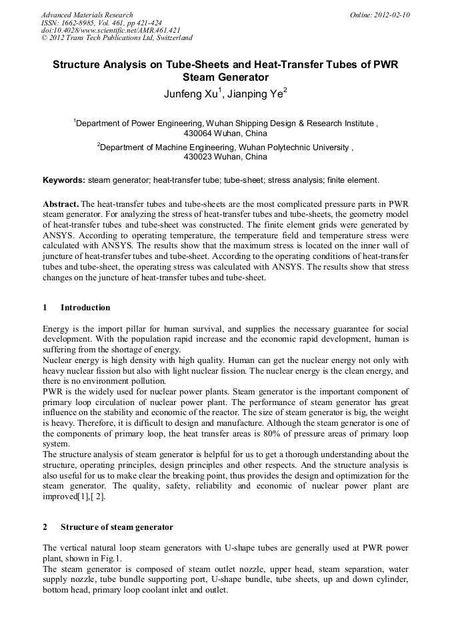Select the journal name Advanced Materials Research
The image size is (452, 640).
click(x=87, y=15)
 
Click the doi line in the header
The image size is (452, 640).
click(x=111, y=30)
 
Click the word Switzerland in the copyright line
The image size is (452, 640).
click(x=171, y=37)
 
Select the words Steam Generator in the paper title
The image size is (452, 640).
click(x=225, y=77)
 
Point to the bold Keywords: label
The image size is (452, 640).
click(x=64, y=180)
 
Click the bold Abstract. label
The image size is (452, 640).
click(x=61, y=203)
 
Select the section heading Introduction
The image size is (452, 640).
click(x=85, y=308)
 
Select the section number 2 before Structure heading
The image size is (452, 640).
click(x=45, y=527)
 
